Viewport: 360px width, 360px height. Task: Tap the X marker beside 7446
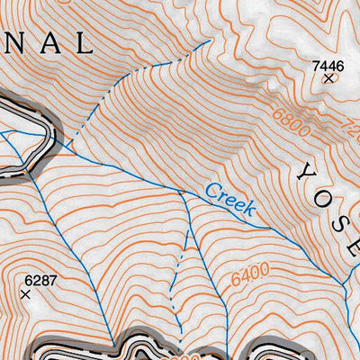[328, 79]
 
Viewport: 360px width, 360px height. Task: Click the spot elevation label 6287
[40, 280]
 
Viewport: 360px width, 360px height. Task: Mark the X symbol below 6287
[26, 294]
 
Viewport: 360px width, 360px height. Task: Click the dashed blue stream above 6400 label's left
[184, 247]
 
